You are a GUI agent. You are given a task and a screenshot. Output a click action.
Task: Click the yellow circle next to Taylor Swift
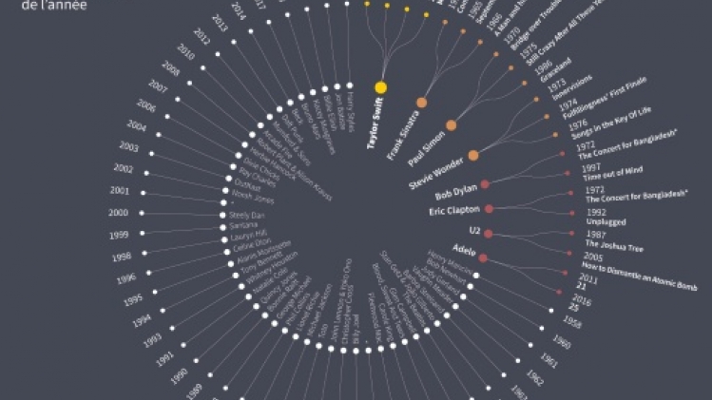pos(380,87)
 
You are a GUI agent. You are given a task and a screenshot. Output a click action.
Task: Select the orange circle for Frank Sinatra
pos(421,102)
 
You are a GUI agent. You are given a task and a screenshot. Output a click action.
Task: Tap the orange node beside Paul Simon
pos(451,124)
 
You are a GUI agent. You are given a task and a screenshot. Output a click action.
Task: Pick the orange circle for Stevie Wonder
pos(472,155)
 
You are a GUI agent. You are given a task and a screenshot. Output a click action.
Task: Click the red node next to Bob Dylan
pos(485,183)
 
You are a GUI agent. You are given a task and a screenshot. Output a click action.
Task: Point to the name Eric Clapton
pos(455,210)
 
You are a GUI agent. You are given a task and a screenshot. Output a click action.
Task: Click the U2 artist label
pos(474,231)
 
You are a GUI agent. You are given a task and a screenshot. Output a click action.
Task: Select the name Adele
pos(465,250)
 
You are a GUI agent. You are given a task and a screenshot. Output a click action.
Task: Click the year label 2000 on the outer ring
pos(119,213)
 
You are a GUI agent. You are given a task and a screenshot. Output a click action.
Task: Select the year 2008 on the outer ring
pos(171,68)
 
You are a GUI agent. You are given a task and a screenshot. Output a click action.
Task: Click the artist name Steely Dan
pos(247,216)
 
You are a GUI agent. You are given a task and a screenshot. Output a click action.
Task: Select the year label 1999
pos(119,235)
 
